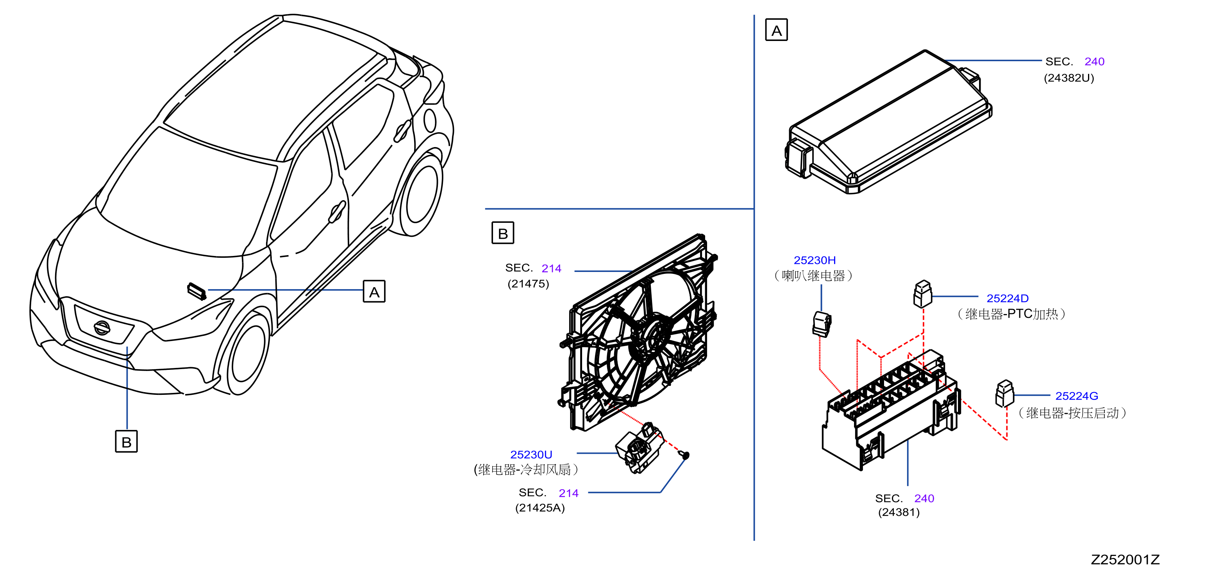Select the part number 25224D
1008,298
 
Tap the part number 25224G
1076,396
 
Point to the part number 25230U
531,455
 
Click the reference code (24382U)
1069,78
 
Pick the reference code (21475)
528,284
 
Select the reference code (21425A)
540,508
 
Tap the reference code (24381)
899,513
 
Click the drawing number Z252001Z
1125,560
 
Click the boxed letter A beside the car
374,291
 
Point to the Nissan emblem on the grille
102,327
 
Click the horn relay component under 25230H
821,324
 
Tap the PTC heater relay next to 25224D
923,294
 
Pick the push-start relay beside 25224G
1004,393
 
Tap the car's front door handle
337,211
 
